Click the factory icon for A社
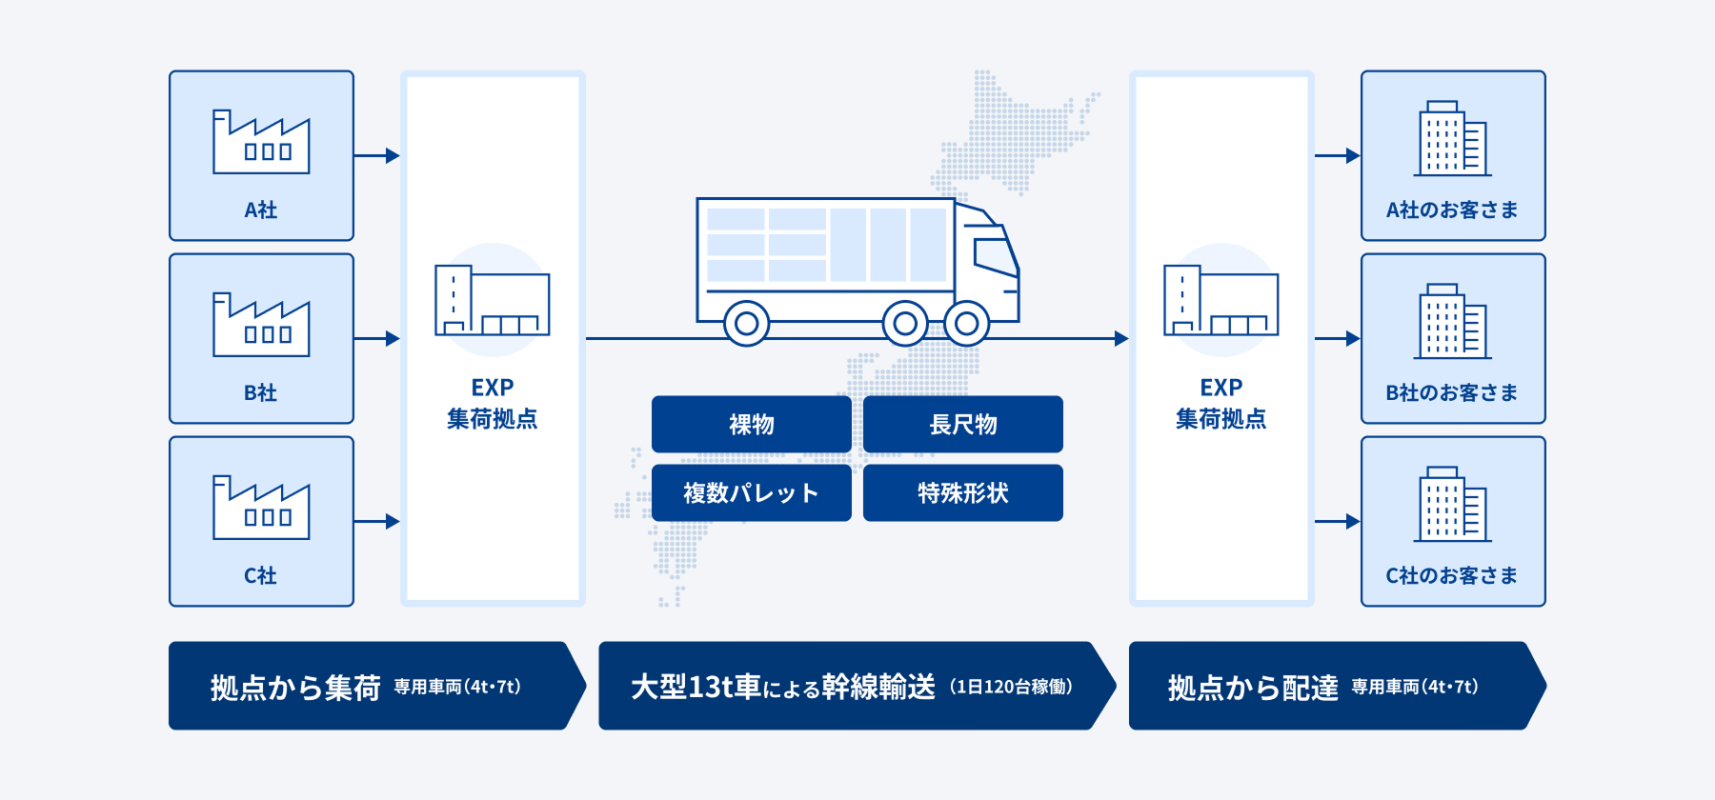click(x=261, y=142)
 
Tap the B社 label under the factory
click(x=260, y=392)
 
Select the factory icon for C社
click(x=261, y=508)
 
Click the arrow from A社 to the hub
click(x=377, y=155)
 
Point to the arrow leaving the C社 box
click(x=377, y=521)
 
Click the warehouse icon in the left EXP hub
click(x=492, y=300)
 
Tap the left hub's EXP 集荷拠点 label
click(x=492, y=403)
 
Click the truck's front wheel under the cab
click(x=966, y=324)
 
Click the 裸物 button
click(x=752, y=424)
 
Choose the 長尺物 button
click(x=963, y=424)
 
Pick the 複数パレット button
click(x=752, y=492)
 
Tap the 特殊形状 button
click(x=963, y=492)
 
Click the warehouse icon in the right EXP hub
click(x=1221, y=300)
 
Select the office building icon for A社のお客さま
click(x=1452, y=139)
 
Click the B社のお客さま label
click(x=1452, y=392)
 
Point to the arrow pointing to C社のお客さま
click(x=1338, y=521)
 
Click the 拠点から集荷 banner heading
click(x=295, y=687)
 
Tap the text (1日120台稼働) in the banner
click(x=1011, y=687)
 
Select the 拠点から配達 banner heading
click(x=1253, y=687)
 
